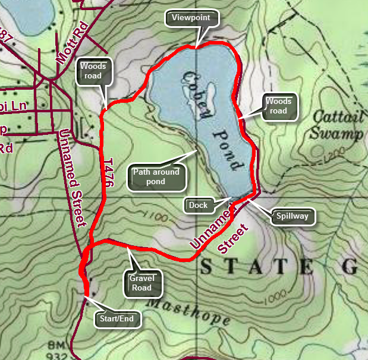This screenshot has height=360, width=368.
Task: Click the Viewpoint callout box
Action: coord(191,18)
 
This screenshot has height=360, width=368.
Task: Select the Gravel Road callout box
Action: coord(141,283)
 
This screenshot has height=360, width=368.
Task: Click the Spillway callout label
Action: coord(292,216)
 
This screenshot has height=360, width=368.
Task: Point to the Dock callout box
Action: coord(198,206)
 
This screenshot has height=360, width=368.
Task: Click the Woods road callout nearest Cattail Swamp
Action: coord(278,106)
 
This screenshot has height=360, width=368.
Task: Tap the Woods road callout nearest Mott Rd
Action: coord(93,71)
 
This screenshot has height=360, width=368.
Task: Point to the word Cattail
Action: coord(336,116)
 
